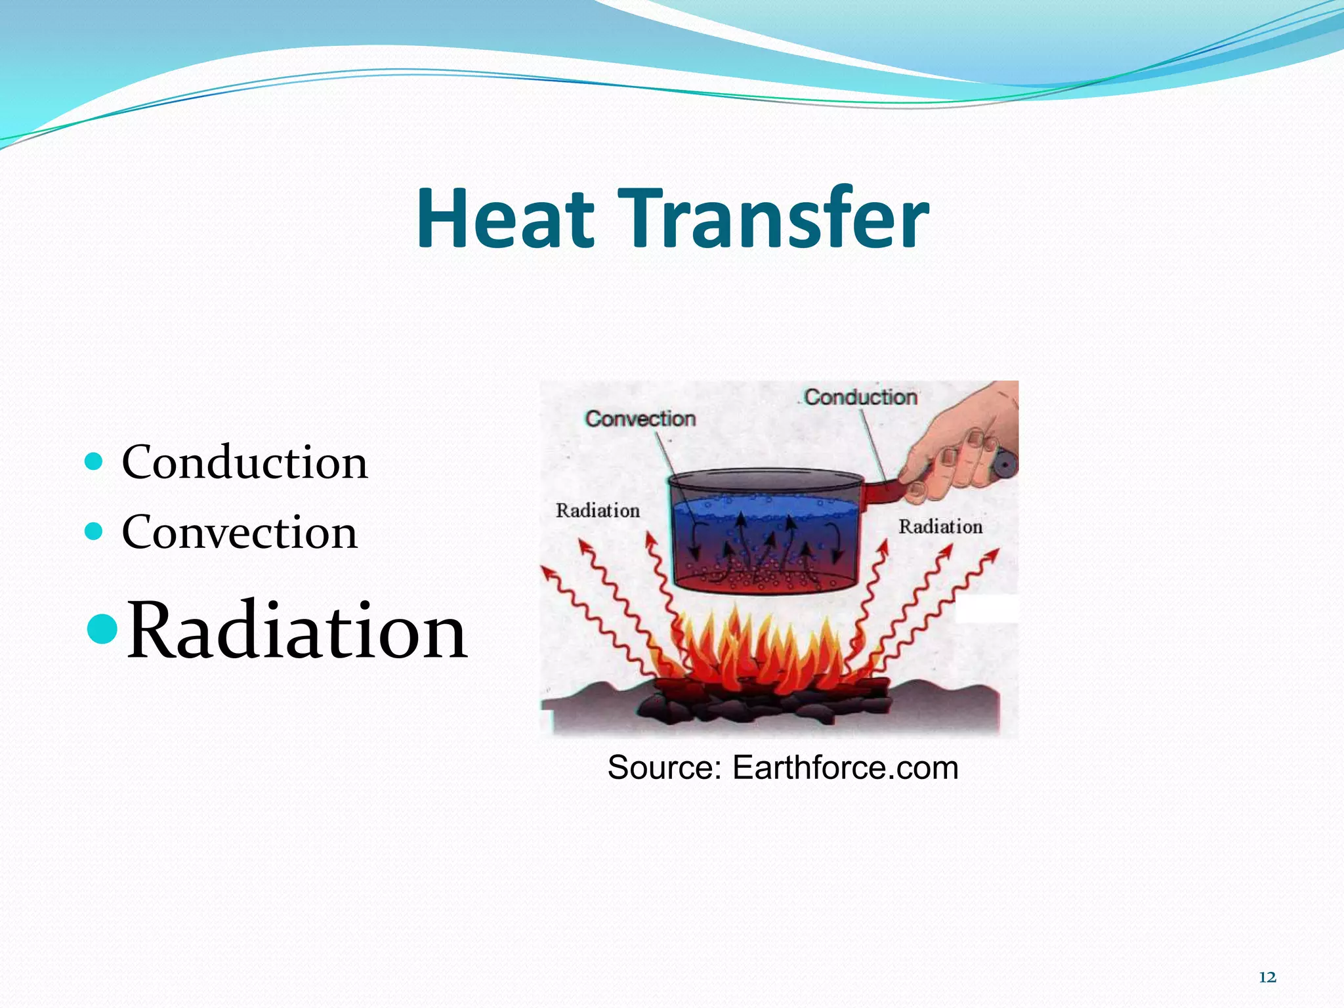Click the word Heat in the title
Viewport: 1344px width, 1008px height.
click(505, 219)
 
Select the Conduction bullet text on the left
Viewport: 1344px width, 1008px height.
click(244, 463)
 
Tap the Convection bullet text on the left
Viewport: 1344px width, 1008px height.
click(240, 532)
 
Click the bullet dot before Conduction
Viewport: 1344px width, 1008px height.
click(94, 461)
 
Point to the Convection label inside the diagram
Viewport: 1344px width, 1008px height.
click(640, 419)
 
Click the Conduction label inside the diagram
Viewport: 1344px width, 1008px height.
click(860, 397)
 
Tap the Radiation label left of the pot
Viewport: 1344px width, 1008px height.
click(597, 511)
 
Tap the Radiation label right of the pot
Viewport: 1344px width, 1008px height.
click(940, 526)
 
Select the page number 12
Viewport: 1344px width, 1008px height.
click(1267, 977)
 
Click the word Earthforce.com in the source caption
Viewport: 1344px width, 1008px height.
click(845, 767)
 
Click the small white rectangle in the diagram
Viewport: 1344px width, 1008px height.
click(986, 609)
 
